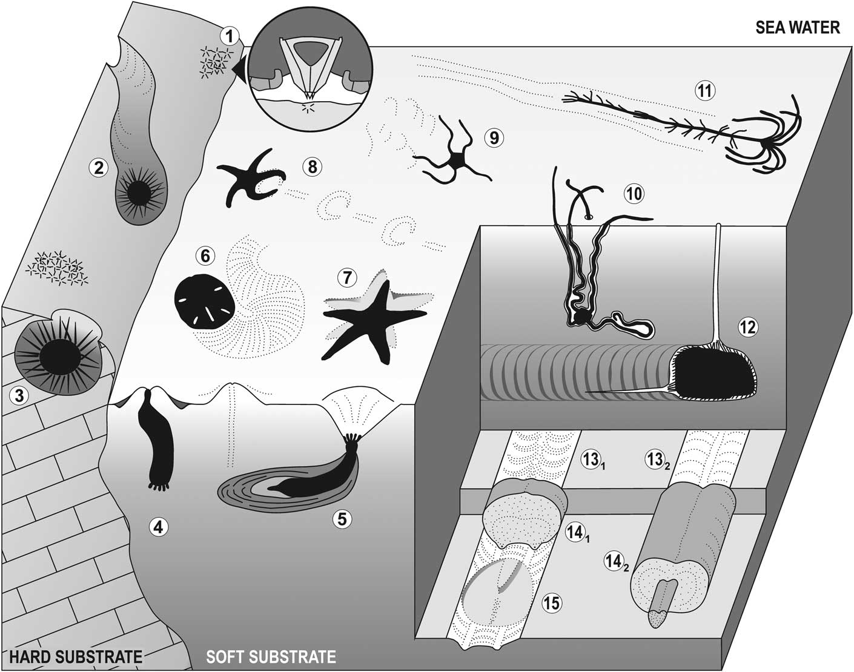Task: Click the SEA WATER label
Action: click(797, 27)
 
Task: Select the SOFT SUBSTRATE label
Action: click(271, 657)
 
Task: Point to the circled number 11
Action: click(704, 91)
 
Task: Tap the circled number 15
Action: click(552, 602)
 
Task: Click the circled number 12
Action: click(748, 327)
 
